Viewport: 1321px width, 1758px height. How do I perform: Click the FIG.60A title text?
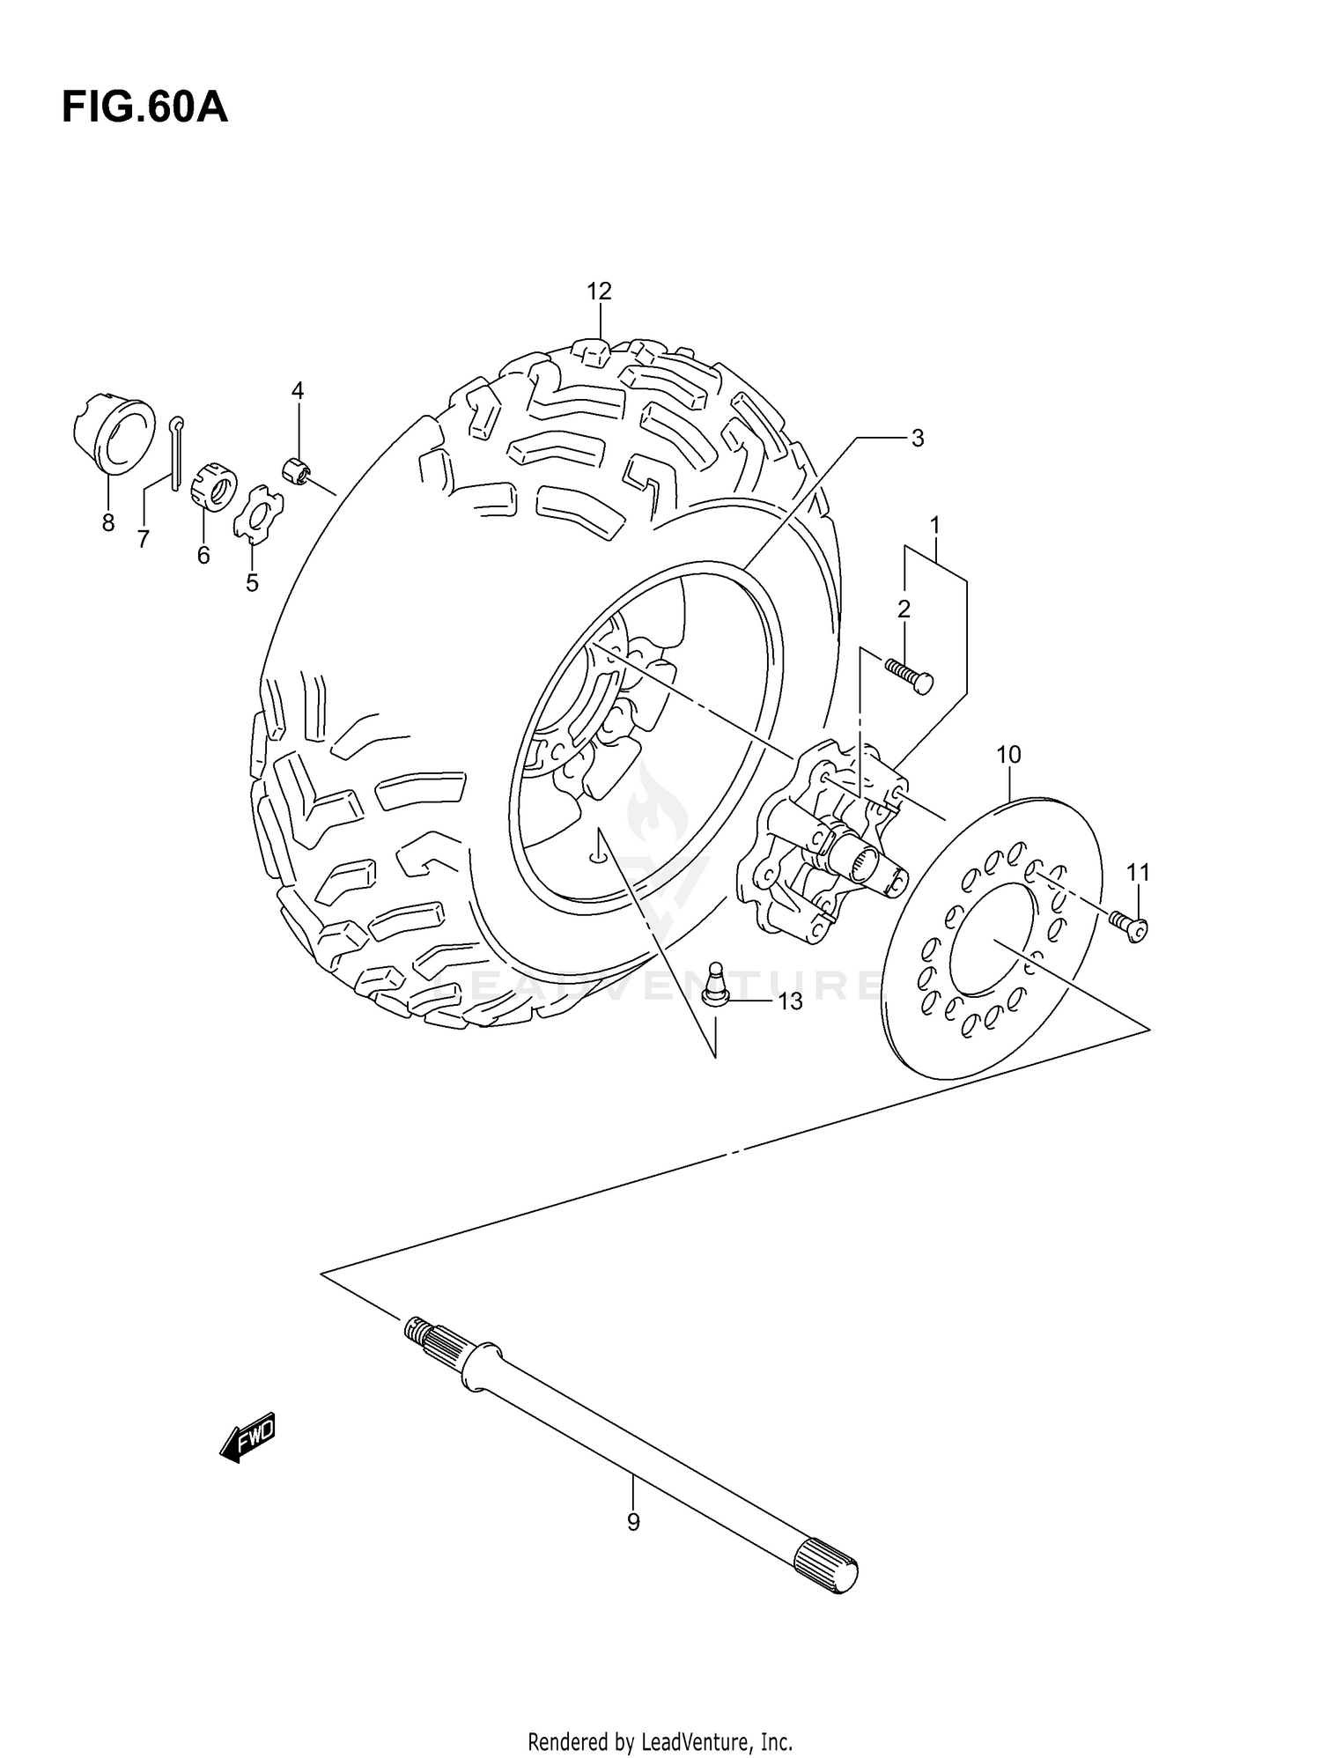coord(144,108)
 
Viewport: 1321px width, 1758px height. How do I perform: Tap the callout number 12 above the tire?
coord(599,291)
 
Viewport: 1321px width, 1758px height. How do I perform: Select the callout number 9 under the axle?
coord(633,1522)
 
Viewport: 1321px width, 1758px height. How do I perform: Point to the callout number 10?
coord(1008,755)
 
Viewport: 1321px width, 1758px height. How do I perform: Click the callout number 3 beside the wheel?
coord(917,438)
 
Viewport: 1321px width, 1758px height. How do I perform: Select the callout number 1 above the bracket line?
coord(934,526)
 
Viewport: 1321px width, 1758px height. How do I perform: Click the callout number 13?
coord(790,1001)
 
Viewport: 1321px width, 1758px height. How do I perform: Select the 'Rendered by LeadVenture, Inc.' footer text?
coord(660,1741)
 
